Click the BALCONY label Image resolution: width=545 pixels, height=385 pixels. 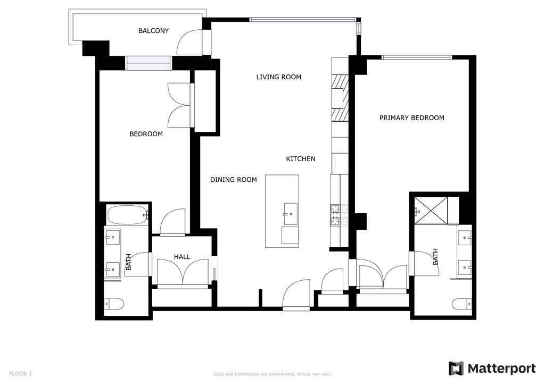coord(153,31)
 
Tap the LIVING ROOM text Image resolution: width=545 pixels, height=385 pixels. coord(278,77)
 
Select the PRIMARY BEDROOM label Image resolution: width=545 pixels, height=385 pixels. coord(411,118)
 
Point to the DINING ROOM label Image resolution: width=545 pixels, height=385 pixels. coord(233,180)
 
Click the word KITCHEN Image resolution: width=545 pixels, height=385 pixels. coord(301,159)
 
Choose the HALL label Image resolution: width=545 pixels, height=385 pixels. coord(182,257)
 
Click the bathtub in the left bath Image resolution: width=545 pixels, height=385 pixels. coord(127,216)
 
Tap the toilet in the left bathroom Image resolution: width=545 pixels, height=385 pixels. coord(114,304)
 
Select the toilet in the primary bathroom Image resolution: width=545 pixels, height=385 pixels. coord(461,304)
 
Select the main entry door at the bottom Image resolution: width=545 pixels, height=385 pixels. coord(296,295)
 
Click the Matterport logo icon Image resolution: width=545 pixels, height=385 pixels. coord(456,369)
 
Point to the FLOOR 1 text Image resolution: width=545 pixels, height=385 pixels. coord(21,374)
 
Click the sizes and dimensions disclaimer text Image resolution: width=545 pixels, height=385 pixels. coord(272,374)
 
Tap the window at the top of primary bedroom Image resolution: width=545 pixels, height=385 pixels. coord(416,57)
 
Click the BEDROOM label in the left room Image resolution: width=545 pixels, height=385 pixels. coord(146,134)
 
